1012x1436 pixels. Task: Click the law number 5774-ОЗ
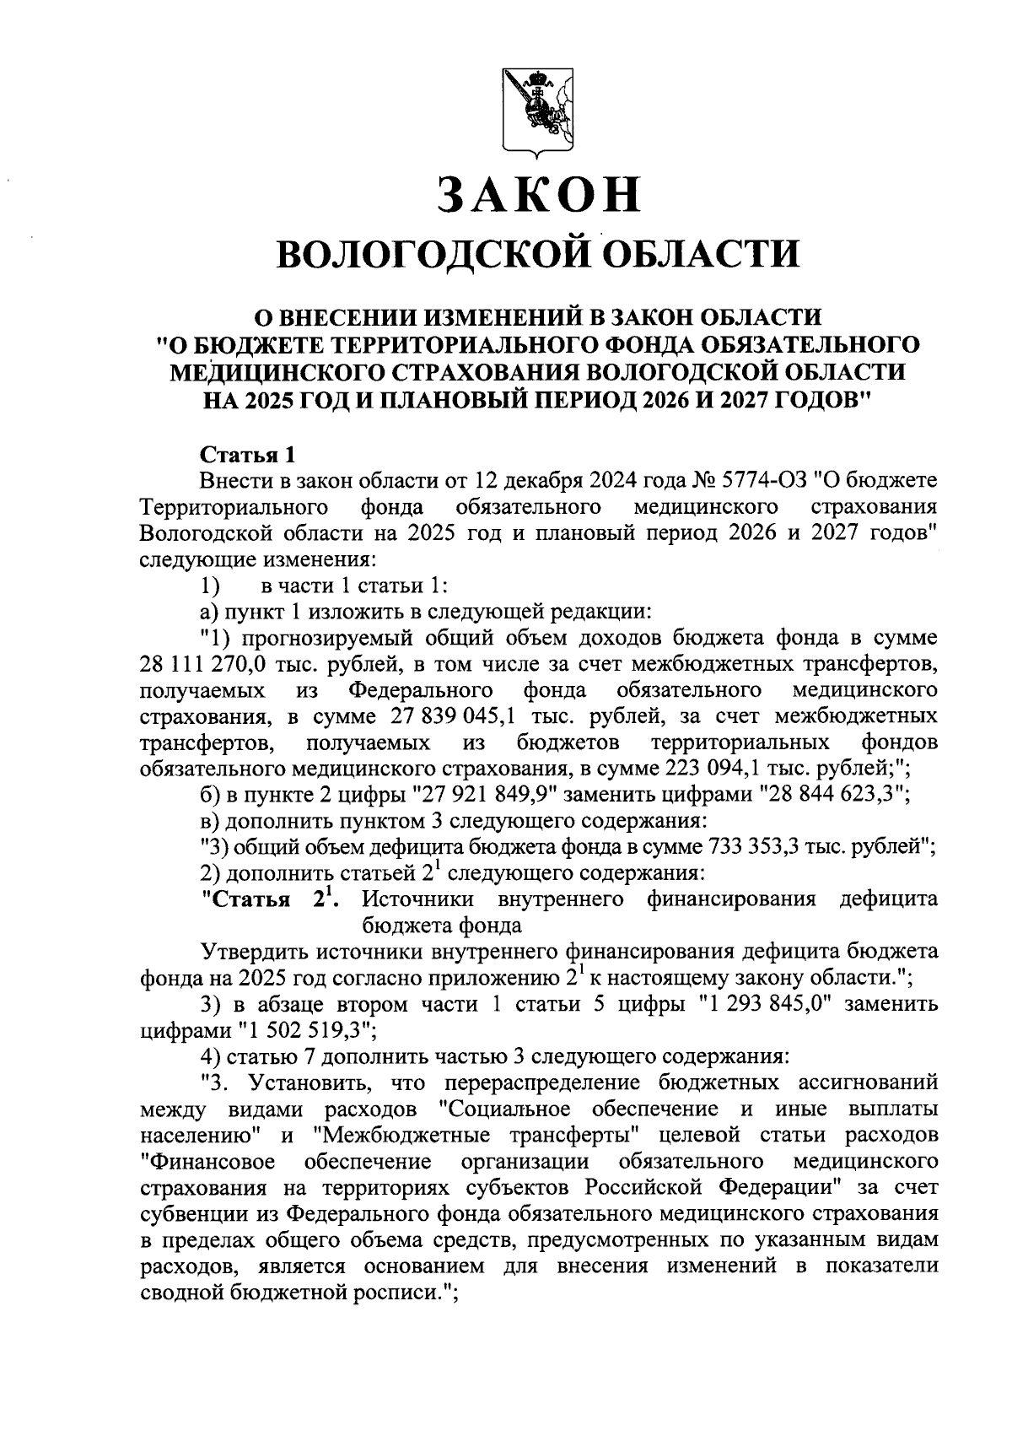coord(763,481)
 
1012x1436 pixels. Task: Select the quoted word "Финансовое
coord(208,1161)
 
